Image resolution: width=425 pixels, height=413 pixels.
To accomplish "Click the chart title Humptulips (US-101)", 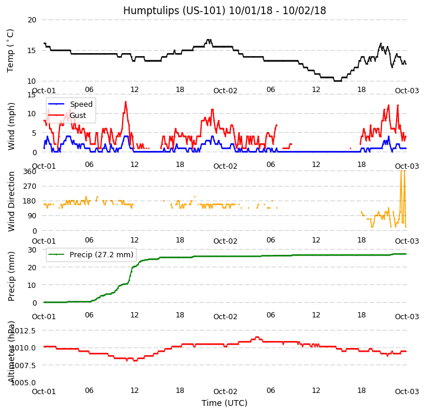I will pos(225,11).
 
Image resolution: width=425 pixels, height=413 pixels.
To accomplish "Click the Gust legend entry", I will pos(80,115).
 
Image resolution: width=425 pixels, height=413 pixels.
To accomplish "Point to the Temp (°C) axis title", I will pos(11,50).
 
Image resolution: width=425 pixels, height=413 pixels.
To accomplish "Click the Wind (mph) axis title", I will pos(11,126).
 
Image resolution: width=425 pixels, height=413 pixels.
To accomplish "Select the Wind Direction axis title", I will pos(11,201).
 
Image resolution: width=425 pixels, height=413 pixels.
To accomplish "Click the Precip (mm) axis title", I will pos(11,276).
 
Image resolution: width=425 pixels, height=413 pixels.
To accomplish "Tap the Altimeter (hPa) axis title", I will pos(11,350).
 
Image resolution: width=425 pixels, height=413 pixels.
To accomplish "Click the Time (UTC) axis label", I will pos(225,403).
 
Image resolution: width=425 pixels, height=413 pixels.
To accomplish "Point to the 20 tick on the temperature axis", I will pos(31,19).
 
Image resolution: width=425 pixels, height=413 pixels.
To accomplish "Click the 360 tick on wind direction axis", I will pos(29,171).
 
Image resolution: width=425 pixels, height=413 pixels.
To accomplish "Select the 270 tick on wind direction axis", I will pos(29,186).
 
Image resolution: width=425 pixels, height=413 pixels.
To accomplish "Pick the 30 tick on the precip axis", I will pos(31,250).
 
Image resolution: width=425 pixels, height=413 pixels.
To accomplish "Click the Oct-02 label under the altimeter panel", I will pos(225,391).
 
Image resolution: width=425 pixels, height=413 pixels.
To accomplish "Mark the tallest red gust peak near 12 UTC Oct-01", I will pos(126,101).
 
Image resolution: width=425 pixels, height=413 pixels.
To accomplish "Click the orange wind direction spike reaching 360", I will pos(402,172).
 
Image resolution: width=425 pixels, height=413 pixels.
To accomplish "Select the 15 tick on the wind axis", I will pos(31,94).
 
